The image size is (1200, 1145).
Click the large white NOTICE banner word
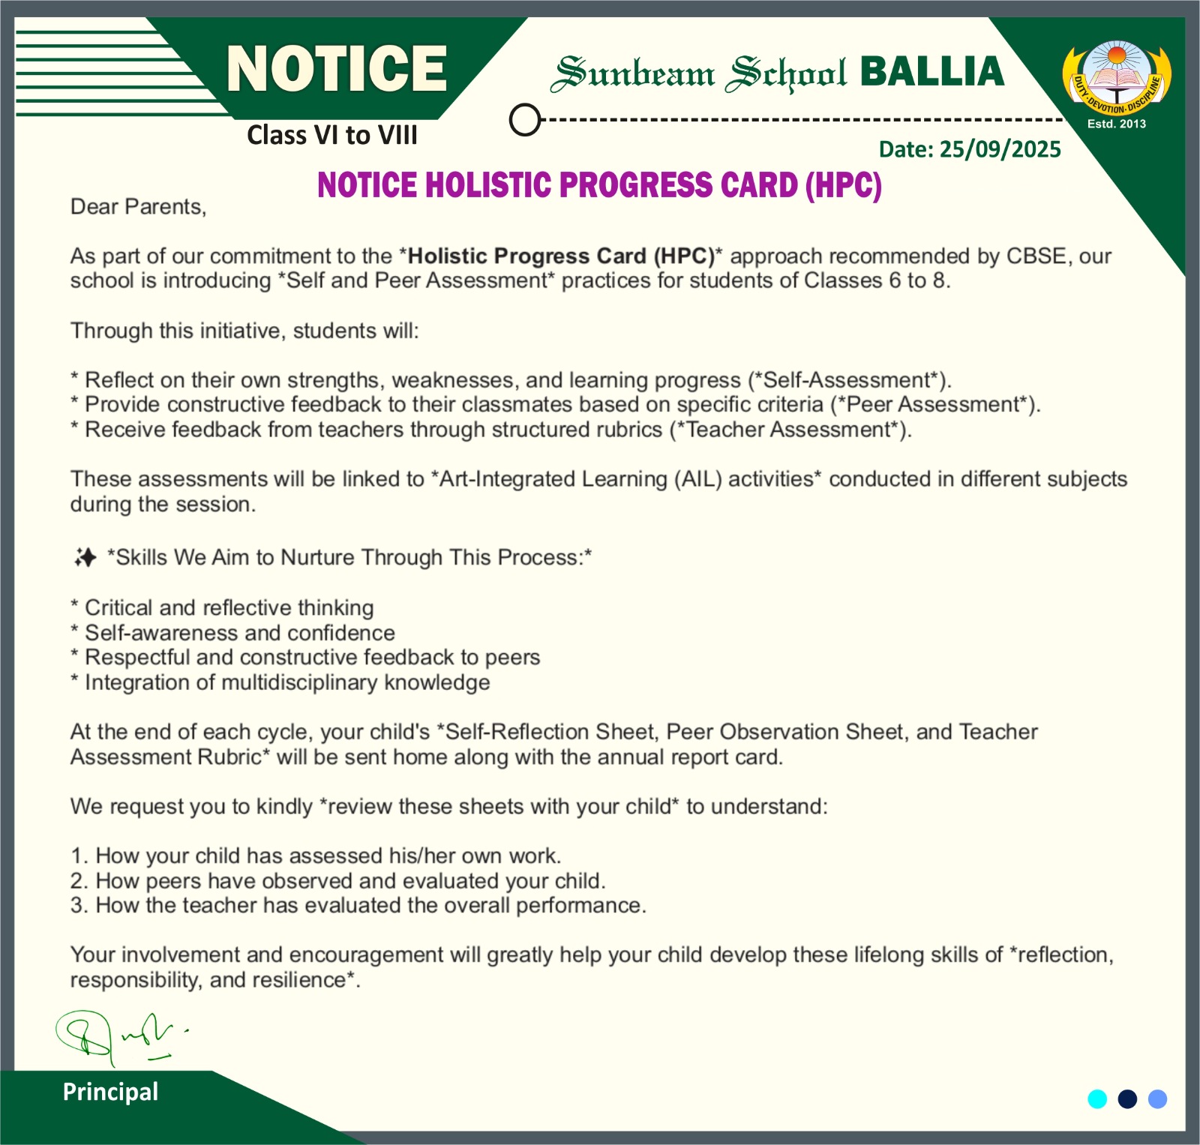click(x=337, y=69)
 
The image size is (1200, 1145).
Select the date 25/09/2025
click(x=1000, y=149)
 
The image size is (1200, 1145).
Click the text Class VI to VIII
click(x=332, y=135)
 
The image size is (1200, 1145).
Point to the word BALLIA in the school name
click(x=931, y=72)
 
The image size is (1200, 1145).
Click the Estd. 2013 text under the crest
click(x=1117, y=124)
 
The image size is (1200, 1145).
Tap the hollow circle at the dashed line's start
click(x=525, y=119)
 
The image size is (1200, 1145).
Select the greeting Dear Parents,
click(x=138, y=207)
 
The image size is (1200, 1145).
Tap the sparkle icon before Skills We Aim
click(x=85, y=557)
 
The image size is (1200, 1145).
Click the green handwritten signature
click(x=120, y=1036)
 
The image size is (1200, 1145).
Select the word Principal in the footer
click(x=110, y=1092)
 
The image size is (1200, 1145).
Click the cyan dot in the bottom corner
click(x=1097, y=1099)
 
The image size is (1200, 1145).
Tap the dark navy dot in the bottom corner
click(x=1127, y=1099)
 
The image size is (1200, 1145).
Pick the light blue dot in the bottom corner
click(x=1158, y=1099)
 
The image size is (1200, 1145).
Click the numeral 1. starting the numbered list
click(x=79, y=856)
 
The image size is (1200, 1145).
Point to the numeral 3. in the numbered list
click(x=79, y=906)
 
